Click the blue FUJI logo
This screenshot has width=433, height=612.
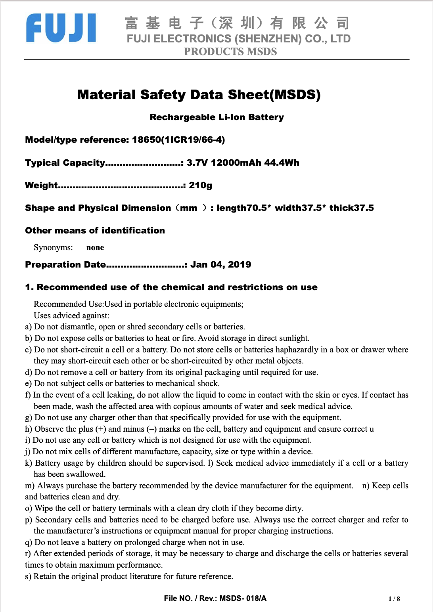(x=61, y=28)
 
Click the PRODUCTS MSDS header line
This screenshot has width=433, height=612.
(x=230, y=52)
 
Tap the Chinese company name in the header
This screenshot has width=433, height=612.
(x=237, y=23)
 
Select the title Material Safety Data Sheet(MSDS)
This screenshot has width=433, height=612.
(x=199, y=94)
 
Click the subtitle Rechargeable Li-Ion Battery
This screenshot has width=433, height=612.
(x=216, y=117)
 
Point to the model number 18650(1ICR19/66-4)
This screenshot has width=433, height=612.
(x=178, y=140)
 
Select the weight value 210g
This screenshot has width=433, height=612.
(x=200, y=186)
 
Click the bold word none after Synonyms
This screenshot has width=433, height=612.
(x=95, y=248)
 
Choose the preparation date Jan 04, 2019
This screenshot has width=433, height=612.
(x=220, y=265)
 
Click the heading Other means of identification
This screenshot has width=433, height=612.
(x=95, y=231)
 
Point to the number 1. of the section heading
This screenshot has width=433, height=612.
(x=29, y=287)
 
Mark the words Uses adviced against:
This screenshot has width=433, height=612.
(x=71, y=316)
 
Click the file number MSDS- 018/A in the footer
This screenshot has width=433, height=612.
(x=243, y=599)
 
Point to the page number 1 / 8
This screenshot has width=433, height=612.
(x=394, y=599)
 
